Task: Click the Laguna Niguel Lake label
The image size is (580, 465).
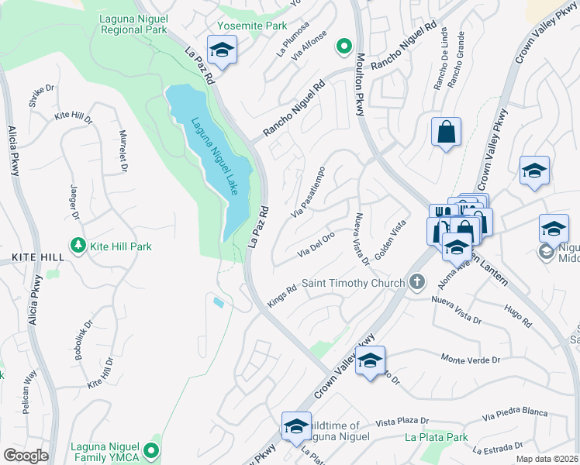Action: pyautogui.click(x=214, y=155)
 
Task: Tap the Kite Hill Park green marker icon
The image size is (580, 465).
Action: pyautogui.click(x=78, y=246)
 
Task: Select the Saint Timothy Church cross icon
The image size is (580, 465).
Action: pyautogui.click(x=418, y=282)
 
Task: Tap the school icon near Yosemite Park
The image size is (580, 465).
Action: pyautogui.click(x=223, y=50)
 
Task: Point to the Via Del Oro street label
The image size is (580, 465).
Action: pyautogui.click(x=316, y=243)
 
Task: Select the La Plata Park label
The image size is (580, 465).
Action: pyautogui.click(x=437, y=437)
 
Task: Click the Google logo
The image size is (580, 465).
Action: pyautogui.click(x=26, y=456)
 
